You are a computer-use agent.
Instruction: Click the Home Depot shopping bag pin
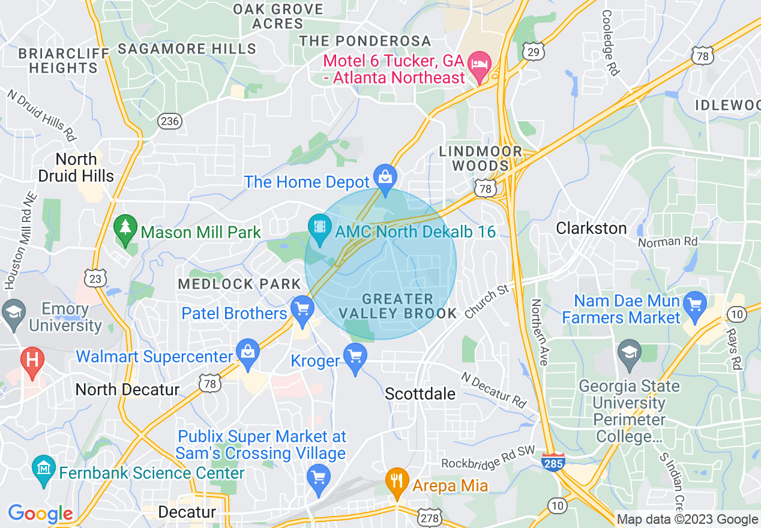pyautogui.click(x=385, y=177)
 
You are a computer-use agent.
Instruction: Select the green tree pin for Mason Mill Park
pyautogui.click(x=125, y=228)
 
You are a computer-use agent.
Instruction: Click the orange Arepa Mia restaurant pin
pyautogui.click(x=396, y=481)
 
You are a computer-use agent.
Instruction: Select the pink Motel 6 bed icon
pyautogui.click(x=480, y=63)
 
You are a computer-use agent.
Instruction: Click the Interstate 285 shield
pyautogui.click(x=553, y=463)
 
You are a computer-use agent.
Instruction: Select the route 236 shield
pyautogui.click(x=170, y=121)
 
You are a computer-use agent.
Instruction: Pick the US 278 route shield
pyautogui.click(x=431, y=517)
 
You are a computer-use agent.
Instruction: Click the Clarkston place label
pyautogui.click(x=591, y=228)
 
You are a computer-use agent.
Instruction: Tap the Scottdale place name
pyautogui.click(x=420, y=394)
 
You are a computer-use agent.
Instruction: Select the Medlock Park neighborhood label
pyautogui.click(x=239, y=284)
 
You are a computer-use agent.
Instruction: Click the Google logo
pyautogui.click(x=40, y=514)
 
